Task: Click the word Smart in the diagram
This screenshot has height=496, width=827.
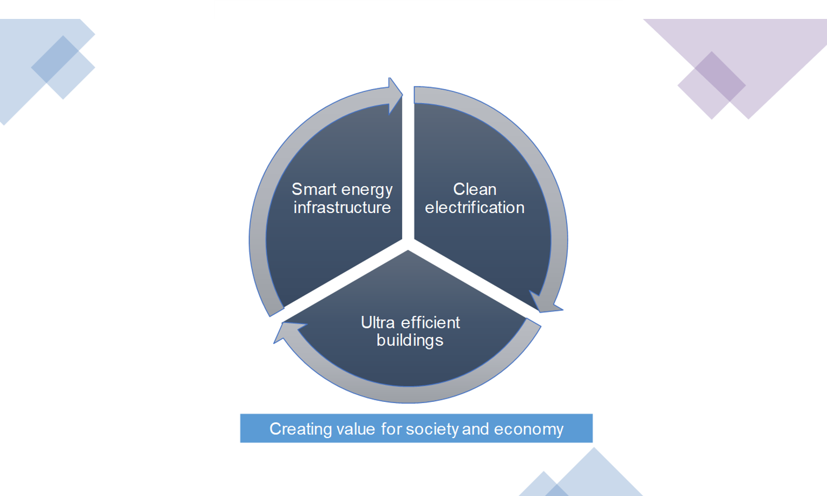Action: pos(314,189)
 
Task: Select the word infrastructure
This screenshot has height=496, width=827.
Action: pos(342,207)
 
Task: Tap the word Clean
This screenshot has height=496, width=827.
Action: pos(475,189)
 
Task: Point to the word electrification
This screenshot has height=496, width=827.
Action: pos(475,207)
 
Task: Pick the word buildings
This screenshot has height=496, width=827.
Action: pos(410,340)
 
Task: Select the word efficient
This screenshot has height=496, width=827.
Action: pos(430,322)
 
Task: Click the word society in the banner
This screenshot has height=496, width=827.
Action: pos(432,429)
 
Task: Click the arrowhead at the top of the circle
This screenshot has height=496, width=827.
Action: pos(395,96)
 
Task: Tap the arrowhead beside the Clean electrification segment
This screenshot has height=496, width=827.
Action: pos(546,302)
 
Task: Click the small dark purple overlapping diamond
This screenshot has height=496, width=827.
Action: pos(720,76)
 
